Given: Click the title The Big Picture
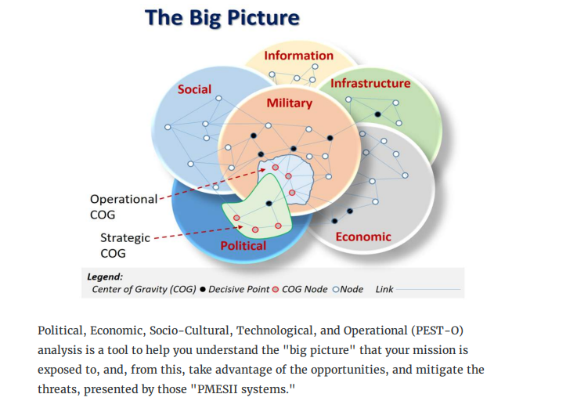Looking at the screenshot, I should pos(222,18).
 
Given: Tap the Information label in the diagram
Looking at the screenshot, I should pos(298,56).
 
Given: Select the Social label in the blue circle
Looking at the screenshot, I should pos(194,89).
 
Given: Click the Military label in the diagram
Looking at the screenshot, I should pos(289,103).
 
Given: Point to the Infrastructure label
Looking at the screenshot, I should pos(370,83).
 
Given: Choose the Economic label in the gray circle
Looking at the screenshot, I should pos(363,237).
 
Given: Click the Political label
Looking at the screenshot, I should pos(243,245).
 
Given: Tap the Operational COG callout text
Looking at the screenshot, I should pos(123,206).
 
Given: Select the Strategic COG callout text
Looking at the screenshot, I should pos(124,245).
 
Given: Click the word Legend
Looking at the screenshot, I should pos(105,276).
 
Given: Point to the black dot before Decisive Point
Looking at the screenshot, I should pos(204,290).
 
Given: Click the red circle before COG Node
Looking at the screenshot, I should pos(275,290).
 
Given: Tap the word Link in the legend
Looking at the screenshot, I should pos(384,289).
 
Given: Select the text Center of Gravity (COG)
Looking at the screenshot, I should pos(144,289).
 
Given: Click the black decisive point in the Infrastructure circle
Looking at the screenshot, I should pos(377,114).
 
